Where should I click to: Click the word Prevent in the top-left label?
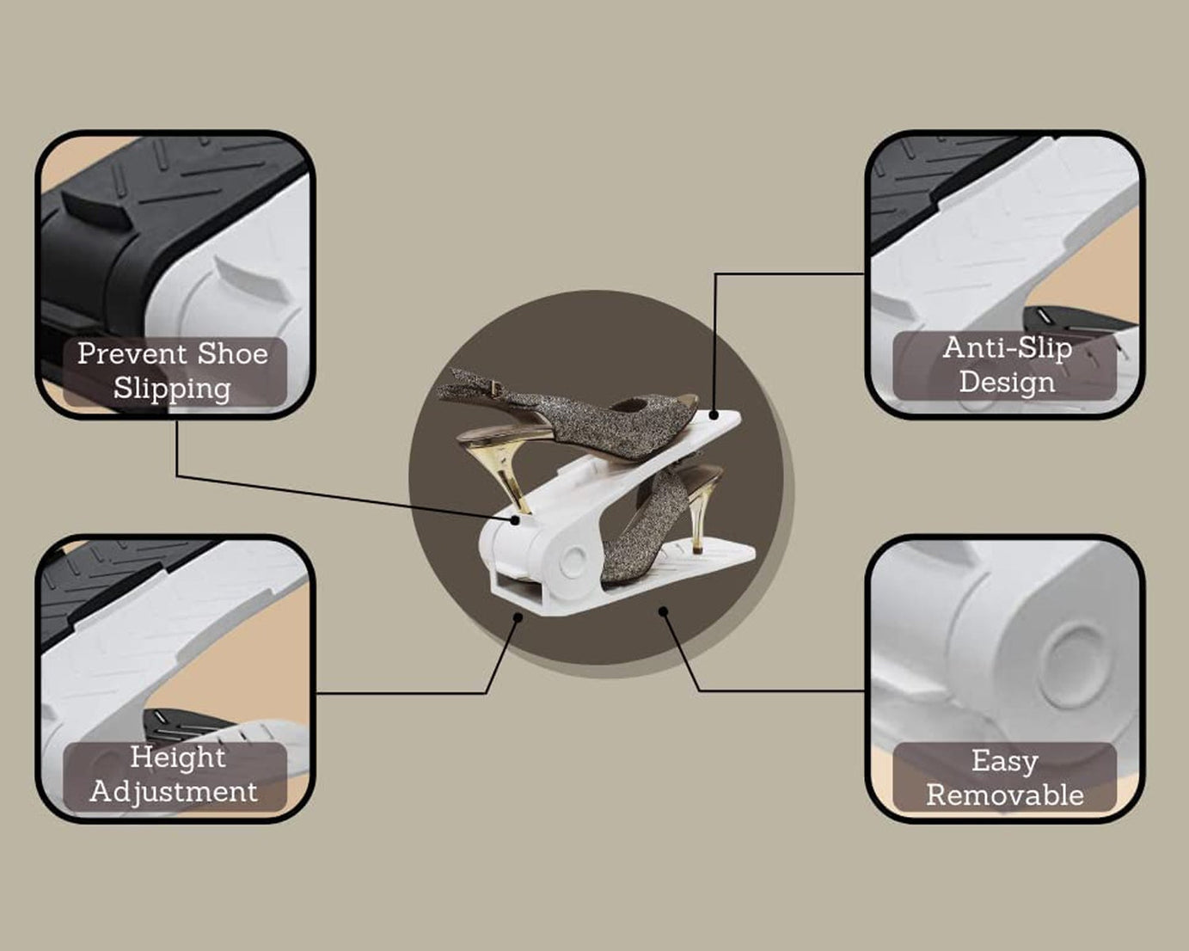coord(132,354)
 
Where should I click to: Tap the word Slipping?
coord(173,389)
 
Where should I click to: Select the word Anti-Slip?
coord(1008,348)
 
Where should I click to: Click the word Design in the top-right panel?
coord(1007,383)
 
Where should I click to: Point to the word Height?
coord(178,758)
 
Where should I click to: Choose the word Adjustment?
coord(174,792)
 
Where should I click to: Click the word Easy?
coord(1005,761)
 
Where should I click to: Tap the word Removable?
coord(1005,795)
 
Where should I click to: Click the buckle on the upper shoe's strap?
coord(494,389)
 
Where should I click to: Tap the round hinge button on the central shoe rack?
coord(572,559)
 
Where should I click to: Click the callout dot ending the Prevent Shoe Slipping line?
coord(515,519)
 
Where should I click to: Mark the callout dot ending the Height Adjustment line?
coord(518,617)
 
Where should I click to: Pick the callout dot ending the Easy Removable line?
coord(664,611)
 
